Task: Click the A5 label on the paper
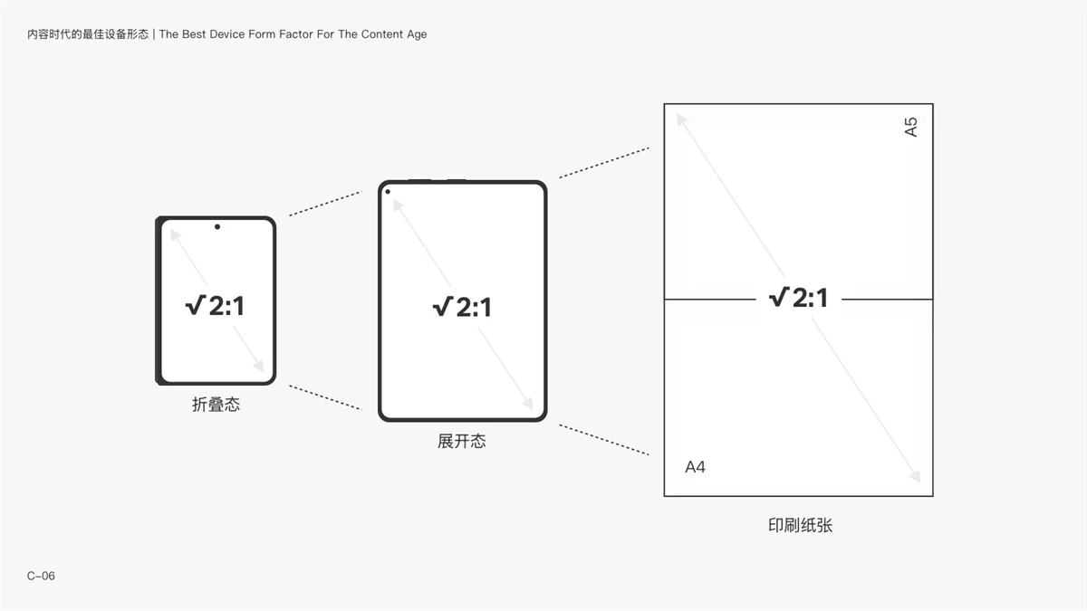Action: pyautogui.click(x=911, y=127)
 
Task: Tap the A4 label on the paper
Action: pyautogui.click(x=695, y=467)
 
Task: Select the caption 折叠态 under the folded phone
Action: pyautogui.click(x=216, y=405)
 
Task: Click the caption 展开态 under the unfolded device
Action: pyautogui.click(x=461, y=442)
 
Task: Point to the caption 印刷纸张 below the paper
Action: pyautogui.click(x=800, y=525)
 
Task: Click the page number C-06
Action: pyautogui.click(x=41, y=576)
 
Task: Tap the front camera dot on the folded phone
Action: pyautogui.click(x=217, y=226)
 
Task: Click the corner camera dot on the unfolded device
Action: pyautogui.click(x=388, y=192)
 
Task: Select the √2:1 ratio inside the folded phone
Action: pyautogui.click(x=215, y=306)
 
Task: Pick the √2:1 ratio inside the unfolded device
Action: pyautogui.click(x=462, y=308)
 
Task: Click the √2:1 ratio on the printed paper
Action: pyautogui.click(x=798, y=298)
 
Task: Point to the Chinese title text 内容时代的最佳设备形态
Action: pyautogui.click(x=88, y=34)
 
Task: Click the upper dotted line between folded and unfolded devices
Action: pyautogui.click(x=325, y=204)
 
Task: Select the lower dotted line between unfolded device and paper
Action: pyautogui.click(x=604, y=440)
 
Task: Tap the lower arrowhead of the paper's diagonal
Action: pyautogui.click(x=915, y=476)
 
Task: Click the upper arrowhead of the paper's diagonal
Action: pyautogui.click(x=682, y=119)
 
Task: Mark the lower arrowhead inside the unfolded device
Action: pyautogui.click(x=528, y=403)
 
